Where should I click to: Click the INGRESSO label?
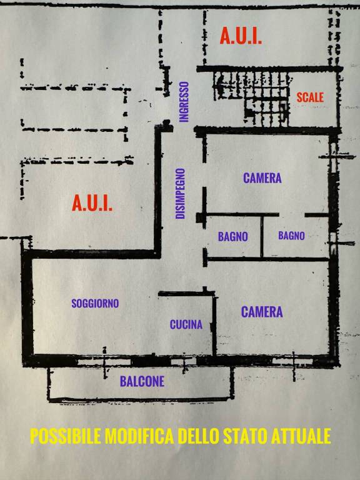184,102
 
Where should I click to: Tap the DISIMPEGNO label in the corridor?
180,194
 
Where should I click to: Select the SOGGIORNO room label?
95,303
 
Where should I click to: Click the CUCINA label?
186,324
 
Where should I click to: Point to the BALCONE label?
142,381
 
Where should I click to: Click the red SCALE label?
310,97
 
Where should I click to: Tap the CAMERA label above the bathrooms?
262,178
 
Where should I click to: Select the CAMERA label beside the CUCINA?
262,312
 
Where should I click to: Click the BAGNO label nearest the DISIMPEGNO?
232,237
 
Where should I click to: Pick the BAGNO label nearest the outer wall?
291,236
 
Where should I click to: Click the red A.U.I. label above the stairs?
241,36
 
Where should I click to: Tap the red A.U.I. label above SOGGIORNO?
92,203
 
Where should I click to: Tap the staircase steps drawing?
252,98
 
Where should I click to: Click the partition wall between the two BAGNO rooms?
262,236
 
